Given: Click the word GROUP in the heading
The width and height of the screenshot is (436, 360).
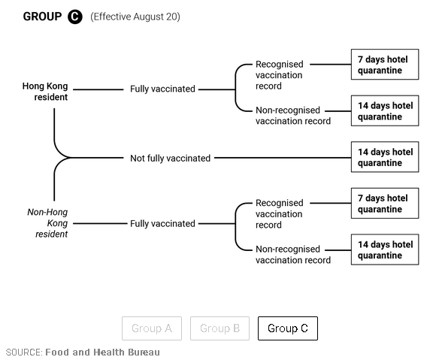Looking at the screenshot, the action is [x=42, y=17].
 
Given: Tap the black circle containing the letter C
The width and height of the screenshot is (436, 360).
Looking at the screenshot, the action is [x=75, y=17].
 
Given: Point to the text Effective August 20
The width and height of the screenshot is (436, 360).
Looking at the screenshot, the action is [x=135, y=17].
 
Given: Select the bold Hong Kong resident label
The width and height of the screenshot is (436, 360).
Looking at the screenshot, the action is [x=45, y=92].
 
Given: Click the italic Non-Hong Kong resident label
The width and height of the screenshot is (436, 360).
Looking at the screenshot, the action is [x=47, y=223].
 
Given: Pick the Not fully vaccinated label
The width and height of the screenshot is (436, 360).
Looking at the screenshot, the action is [x=170, y=158].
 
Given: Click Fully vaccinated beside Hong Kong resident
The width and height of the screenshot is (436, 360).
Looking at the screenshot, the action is [x=162, y=89].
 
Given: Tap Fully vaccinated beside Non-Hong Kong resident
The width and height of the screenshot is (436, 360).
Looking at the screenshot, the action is [x=162, y=223].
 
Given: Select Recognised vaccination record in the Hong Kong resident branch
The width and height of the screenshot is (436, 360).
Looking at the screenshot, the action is [x=279, y=75].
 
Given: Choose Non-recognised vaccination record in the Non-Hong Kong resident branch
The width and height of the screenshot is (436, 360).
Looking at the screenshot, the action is [x=293, y=254].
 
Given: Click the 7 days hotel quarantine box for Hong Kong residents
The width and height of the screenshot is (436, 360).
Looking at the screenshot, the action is [x=385, y=65].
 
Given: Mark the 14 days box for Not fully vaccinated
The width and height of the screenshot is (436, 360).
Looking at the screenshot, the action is [x=385, y=157].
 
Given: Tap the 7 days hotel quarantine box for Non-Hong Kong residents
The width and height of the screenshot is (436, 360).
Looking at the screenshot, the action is [x=385, y=203].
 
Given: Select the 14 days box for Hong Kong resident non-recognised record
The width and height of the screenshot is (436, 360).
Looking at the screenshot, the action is [x=385, y=110].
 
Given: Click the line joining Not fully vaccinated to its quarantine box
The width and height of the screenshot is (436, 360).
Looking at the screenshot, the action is [x=283, y=158].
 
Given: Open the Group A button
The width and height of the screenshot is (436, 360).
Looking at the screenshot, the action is [x=152, y=328].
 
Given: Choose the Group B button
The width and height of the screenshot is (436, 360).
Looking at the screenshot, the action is [x=220, y=328].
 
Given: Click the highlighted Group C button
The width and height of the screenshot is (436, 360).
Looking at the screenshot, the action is [x=288, y=328].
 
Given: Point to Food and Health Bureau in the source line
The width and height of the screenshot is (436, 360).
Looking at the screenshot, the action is [x=102, y=352].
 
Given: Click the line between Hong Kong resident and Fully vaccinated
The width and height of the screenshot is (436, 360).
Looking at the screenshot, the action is [x=98, y=89].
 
